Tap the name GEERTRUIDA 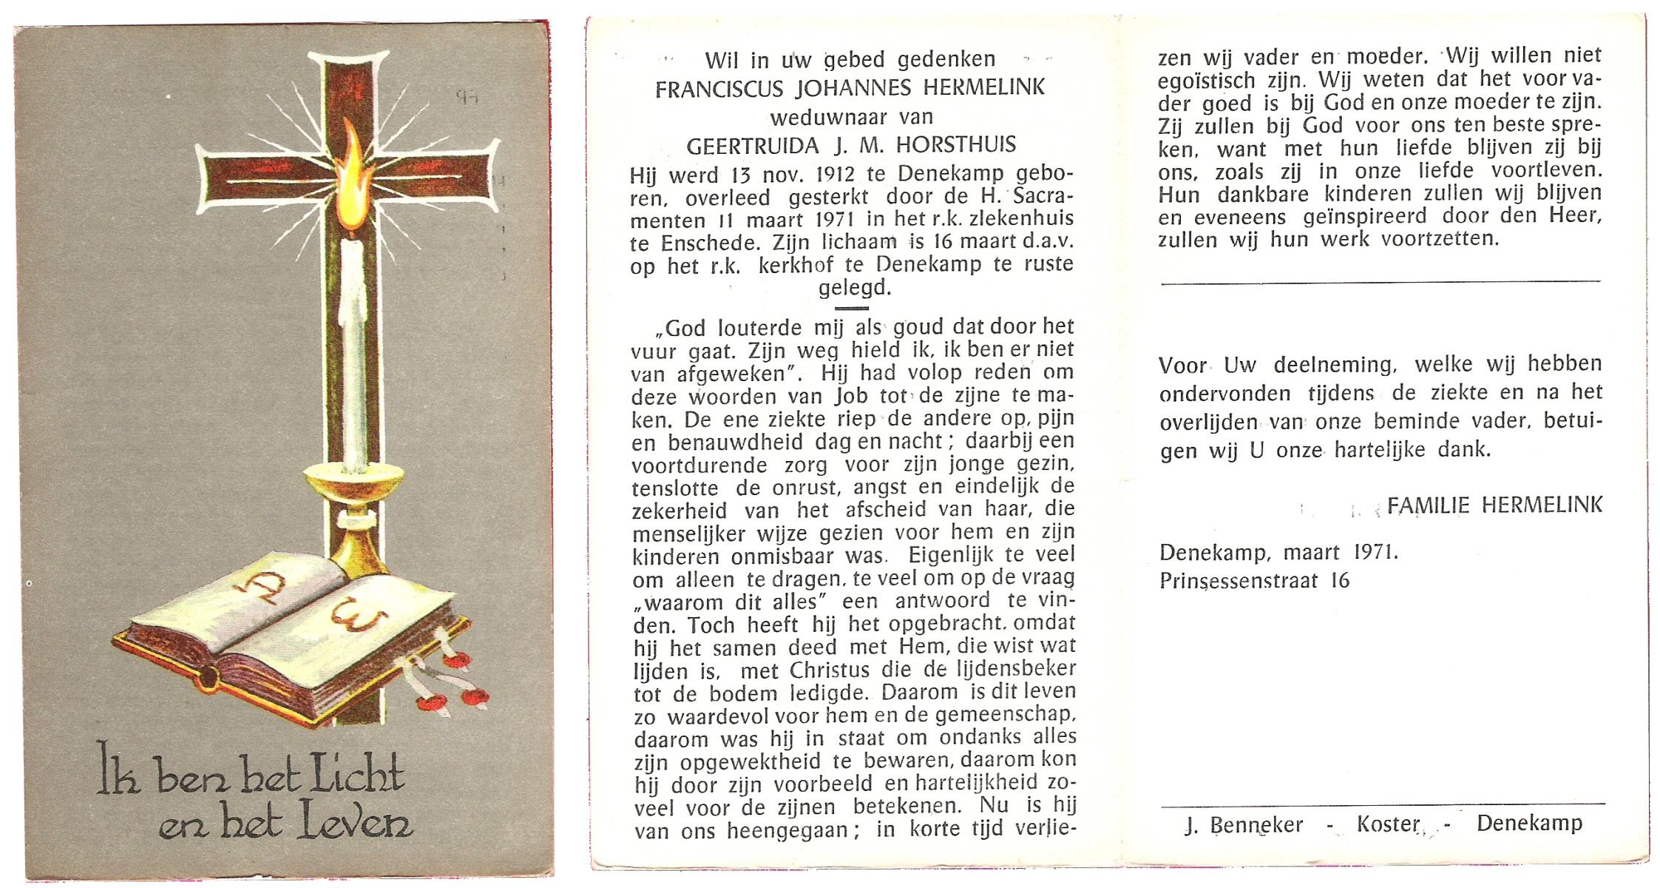(x=753, y=146)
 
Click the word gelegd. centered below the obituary (x=854, y=288)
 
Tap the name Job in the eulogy (x=852, y=396)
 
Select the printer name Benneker (x=1256, y=825)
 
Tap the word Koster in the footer (x=1388, y=824)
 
